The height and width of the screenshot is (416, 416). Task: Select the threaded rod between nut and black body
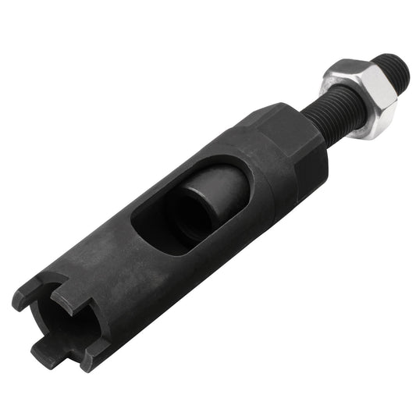(x=328, y=118)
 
